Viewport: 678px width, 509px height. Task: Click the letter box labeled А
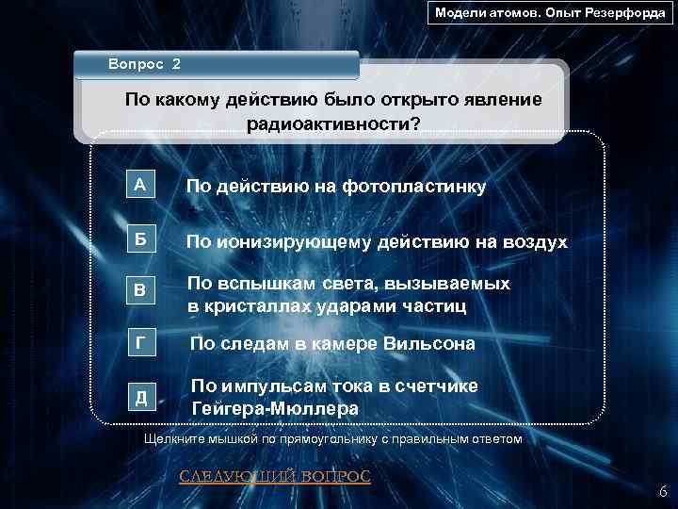click(x=140, y=186)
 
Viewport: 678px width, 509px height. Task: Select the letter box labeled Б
click(x=140, y=241)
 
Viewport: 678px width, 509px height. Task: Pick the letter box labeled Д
click(x=140, y=397)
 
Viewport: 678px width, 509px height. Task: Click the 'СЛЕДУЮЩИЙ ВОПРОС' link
click(x=275, y=476)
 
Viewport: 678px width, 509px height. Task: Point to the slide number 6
click(x=663, y=491)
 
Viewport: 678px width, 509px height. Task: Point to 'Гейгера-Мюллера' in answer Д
click(x=274, y=409)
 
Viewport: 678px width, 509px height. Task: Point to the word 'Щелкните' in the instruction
click(x=172, y=440)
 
